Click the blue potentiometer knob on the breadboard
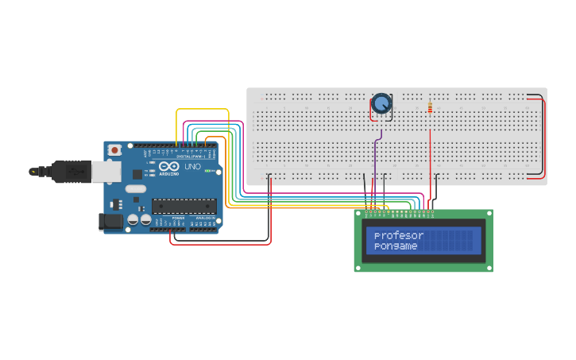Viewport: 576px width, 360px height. point(381,103)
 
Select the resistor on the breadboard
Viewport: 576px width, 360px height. point(431,107)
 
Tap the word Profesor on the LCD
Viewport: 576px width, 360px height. point(399,236)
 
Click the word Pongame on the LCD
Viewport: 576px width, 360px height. point(396,246)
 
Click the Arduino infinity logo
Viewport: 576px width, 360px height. point(168,168)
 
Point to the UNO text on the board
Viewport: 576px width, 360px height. point(192,168)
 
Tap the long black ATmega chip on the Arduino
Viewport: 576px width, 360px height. point(184,206)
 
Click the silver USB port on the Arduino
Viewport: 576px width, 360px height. point(105,171)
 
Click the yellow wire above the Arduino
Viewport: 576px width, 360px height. point(203,110)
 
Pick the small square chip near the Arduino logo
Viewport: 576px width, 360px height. point(137,173)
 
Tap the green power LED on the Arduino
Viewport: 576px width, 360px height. point(209,171)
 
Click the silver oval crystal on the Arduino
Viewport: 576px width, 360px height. point(136,189)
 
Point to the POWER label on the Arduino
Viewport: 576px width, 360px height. point(179,217)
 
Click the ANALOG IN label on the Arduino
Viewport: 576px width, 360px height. point(206,217)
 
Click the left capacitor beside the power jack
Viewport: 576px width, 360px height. point(133,219)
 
